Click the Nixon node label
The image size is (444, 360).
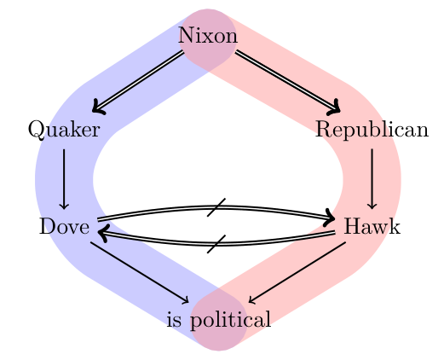pos(207,37)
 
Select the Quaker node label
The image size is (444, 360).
pos(64,130)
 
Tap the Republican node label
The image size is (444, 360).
pos(372,130)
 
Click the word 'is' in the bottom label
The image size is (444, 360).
pos(175,321)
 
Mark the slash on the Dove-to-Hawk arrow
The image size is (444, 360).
pos(216,206)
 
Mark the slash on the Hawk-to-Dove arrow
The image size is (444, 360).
pos(216,244)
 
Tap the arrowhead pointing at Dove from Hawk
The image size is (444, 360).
pos(103,230)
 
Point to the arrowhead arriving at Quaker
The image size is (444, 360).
pos(95,108)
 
